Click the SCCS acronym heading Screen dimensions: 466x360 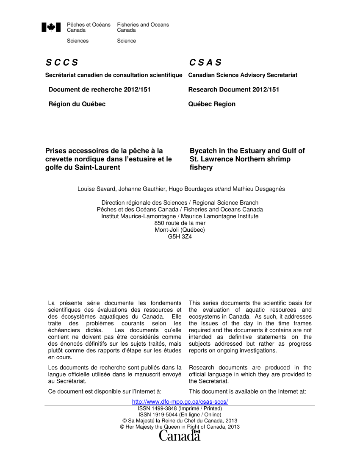pos(62,63)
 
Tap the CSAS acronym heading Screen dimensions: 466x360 pos(205,63)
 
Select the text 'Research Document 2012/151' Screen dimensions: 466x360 pos(233,89)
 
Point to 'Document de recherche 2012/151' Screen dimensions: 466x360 pos(99,89)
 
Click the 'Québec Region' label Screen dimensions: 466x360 pos(212,104)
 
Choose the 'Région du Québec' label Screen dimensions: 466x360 pos(77,104)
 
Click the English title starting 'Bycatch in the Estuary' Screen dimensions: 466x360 pos(247,159)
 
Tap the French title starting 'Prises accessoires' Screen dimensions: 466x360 pos(108,159)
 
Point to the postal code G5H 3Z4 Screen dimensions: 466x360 pos(180,236)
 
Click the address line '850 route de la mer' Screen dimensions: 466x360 pos(180,223)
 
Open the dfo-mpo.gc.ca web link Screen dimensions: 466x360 pos(180,402)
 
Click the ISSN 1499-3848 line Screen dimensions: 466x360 pos(180,408)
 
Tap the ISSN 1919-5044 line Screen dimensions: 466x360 pos(180,414)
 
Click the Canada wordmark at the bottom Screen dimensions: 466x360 pos(180,435)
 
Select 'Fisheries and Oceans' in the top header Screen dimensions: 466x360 pos(143,25)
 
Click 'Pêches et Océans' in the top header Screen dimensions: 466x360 pos(89,25)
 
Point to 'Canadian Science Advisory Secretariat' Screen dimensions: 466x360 pos(243,75)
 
